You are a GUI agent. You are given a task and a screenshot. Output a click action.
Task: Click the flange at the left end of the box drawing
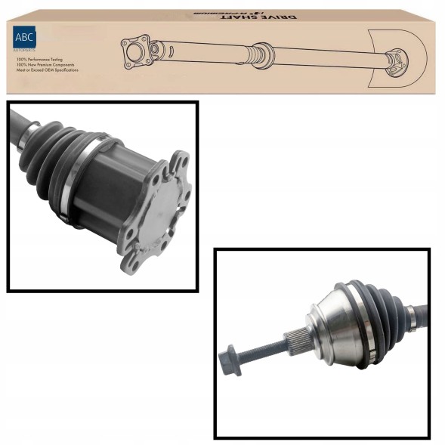tap(136, 52)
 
